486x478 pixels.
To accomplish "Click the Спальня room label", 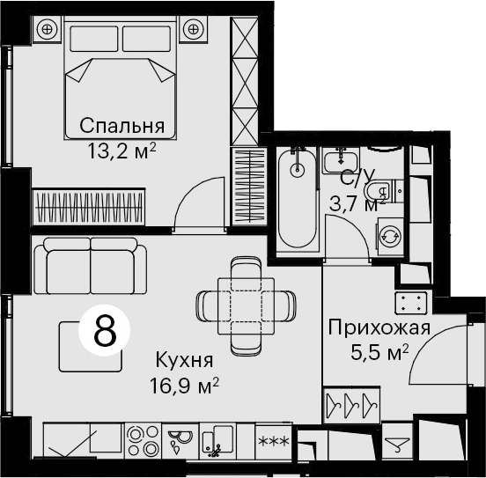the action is [121, 126].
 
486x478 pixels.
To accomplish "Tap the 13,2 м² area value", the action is [121, 151].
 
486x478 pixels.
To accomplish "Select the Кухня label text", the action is [184, 360].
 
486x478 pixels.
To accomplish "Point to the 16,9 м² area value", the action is [184, 386].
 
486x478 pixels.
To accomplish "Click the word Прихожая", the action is [379, 327].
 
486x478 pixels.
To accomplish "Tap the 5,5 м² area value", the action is [379, 352].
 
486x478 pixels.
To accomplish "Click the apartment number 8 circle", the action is [105, 330].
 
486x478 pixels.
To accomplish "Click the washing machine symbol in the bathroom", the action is [390, 237].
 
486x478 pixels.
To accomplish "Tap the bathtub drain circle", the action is [298, 170].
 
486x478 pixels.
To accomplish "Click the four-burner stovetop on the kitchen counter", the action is [144, 440].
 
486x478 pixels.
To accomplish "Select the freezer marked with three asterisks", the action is [273, 441].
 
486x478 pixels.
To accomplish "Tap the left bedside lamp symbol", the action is [48, 30].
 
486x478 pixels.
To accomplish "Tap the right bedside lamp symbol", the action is [194, 30].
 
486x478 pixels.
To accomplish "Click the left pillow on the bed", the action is [94, 39].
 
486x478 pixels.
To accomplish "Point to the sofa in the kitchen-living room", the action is [91, 266].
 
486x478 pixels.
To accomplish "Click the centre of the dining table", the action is [247, 306].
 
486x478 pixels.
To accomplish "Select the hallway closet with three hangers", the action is [351, 405].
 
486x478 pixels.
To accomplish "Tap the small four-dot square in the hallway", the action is [411, 303].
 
